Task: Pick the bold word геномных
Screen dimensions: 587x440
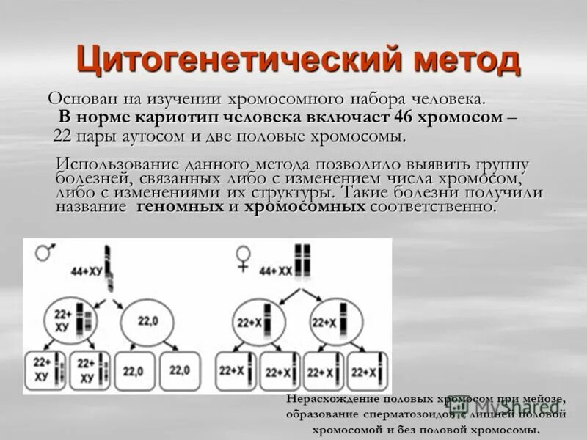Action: pyautogui.click(x=180, y=206)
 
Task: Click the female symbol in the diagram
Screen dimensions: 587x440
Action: pyautogui.click(x=242, y=257)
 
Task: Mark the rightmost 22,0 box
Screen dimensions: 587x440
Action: pyautogui.click(x=179, y=370)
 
